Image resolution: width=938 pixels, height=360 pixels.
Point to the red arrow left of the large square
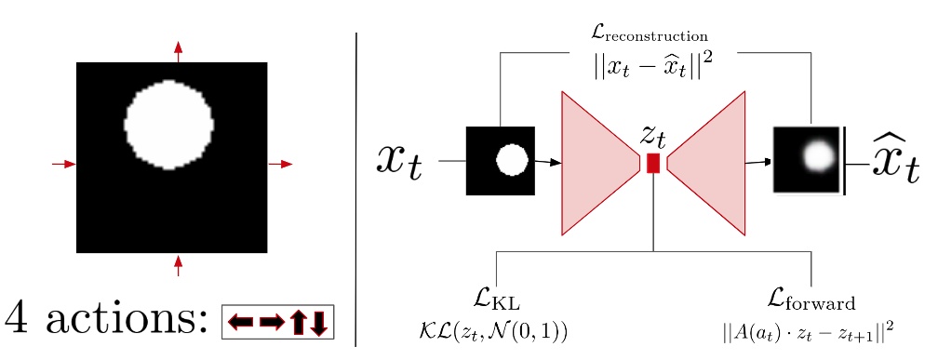(63, 164)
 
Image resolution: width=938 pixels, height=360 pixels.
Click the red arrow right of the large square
(280, 164)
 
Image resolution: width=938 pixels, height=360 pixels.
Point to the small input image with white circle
(501, 161)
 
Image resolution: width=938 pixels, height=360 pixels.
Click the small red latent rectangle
(653, 163)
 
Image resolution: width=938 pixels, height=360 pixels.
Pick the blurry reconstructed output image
(808, 160)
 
